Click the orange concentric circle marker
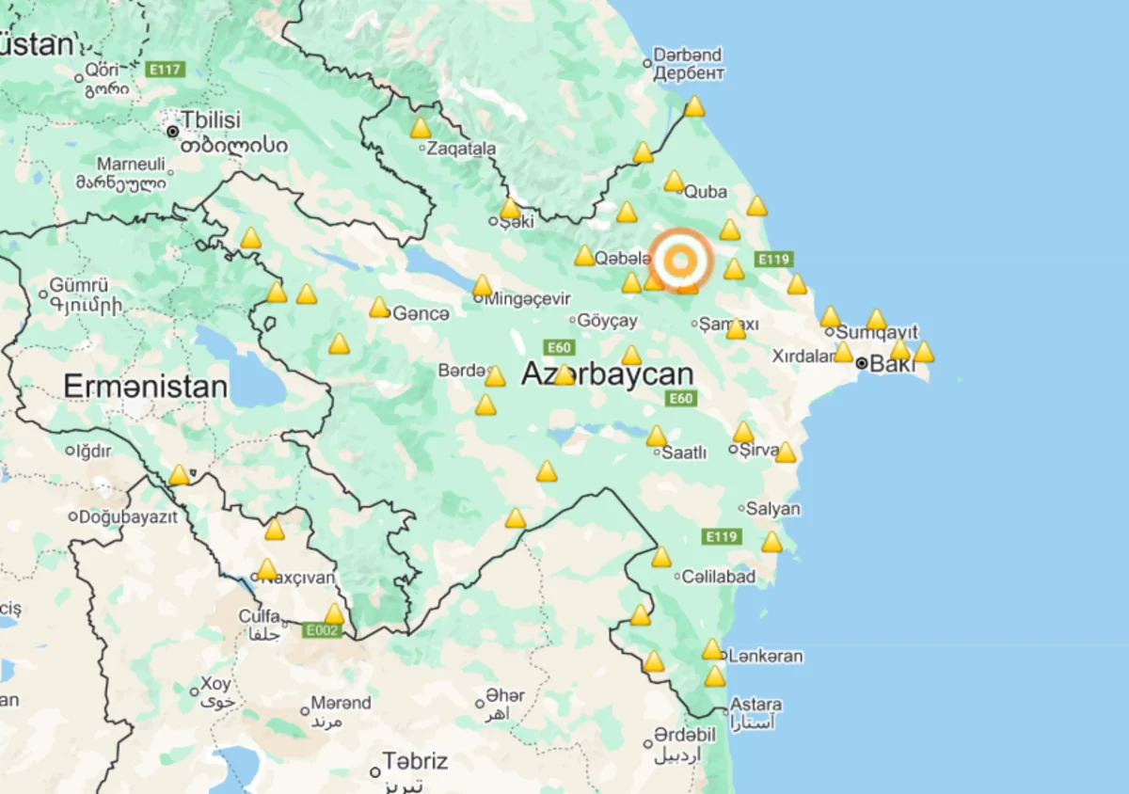tap(681, 258)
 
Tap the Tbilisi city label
tap(211, 120)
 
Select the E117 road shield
tap(166, 70)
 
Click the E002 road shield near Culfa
tap(321, 630)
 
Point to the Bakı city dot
tap(862, 363)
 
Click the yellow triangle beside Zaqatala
tap(421, 129)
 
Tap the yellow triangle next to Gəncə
tap(379, 308)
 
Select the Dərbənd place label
tap(688, 55)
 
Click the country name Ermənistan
tap(145, 387)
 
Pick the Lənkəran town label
tap(765, 656)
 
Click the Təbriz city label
tap(415, 761)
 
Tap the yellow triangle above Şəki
tap(510, 208)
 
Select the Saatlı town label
tap(684, 453)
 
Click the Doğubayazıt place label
tap(128, 516)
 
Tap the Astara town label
tap(755, 704)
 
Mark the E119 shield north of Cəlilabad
tap(722, 537)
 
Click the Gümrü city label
tap(79, 285)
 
